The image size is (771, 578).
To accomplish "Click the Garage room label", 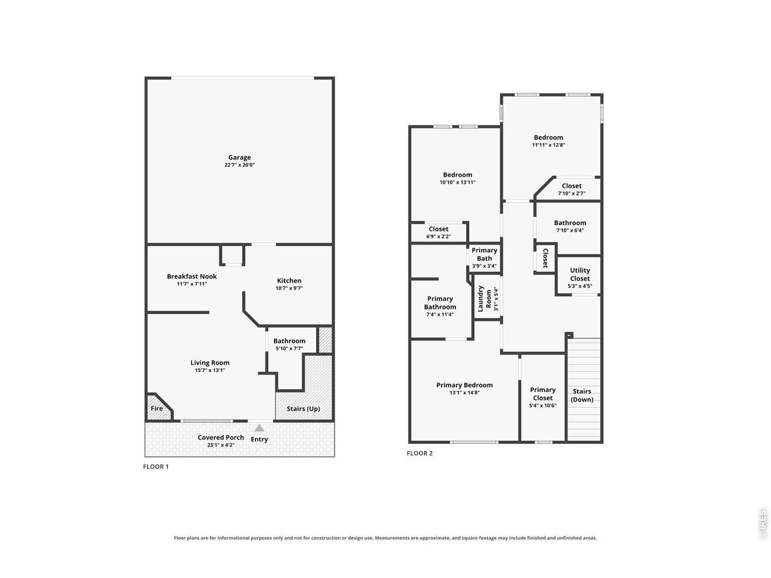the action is (239, 157).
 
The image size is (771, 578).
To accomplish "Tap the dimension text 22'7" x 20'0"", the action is (239, 165).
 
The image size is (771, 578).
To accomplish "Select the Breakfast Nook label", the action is (192, 276).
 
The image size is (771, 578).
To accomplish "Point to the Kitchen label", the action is (289, 281).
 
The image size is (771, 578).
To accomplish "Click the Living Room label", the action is (210, 362).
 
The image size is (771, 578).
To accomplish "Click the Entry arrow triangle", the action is (259, 428).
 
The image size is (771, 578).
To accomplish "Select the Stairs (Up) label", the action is (303, 408).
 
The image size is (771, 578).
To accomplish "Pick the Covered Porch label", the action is (220, 437).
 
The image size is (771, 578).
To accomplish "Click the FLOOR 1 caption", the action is (155, 467).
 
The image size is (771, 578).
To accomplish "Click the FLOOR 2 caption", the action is (419, 453).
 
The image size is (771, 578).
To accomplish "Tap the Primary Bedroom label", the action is (464, 385).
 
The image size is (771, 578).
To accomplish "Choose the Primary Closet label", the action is (542, 394).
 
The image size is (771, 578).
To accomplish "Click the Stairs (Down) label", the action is (582, 395).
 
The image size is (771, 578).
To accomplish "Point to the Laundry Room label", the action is (484, 299).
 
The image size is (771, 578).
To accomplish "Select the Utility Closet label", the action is (579, 274).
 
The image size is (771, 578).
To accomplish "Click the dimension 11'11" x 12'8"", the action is (548, 145).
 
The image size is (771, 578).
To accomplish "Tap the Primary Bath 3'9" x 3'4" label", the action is (484, 258).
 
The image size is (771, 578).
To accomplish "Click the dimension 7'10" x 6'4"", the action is (570, 230).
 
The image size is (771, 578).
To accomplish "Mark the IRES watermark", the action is (762, 524).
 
